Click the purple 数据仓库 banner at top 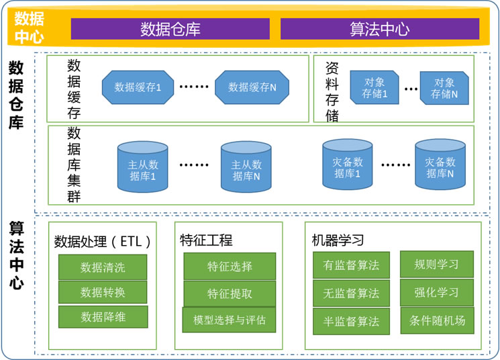tap(170, 29)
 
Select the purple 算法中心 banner tap(380, 29)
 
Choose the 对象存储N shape tap(444, 88)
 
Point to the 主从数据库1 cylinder tap(143, 171)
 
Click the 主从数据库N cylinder tap(246, 171)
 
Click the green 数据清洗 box tap(103, 267)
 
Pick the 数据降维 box tap(103, 316)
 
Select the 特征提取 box tap(230, 294)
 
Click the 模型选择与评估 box tap(229, 320)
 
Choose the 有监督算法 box tap(351, 265)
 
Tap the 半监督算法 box tap(351, 321)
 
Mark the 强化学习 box tap(437, 293)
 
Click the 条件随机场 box tap(437, 320)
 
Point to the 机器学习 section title tap(338, 240)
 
